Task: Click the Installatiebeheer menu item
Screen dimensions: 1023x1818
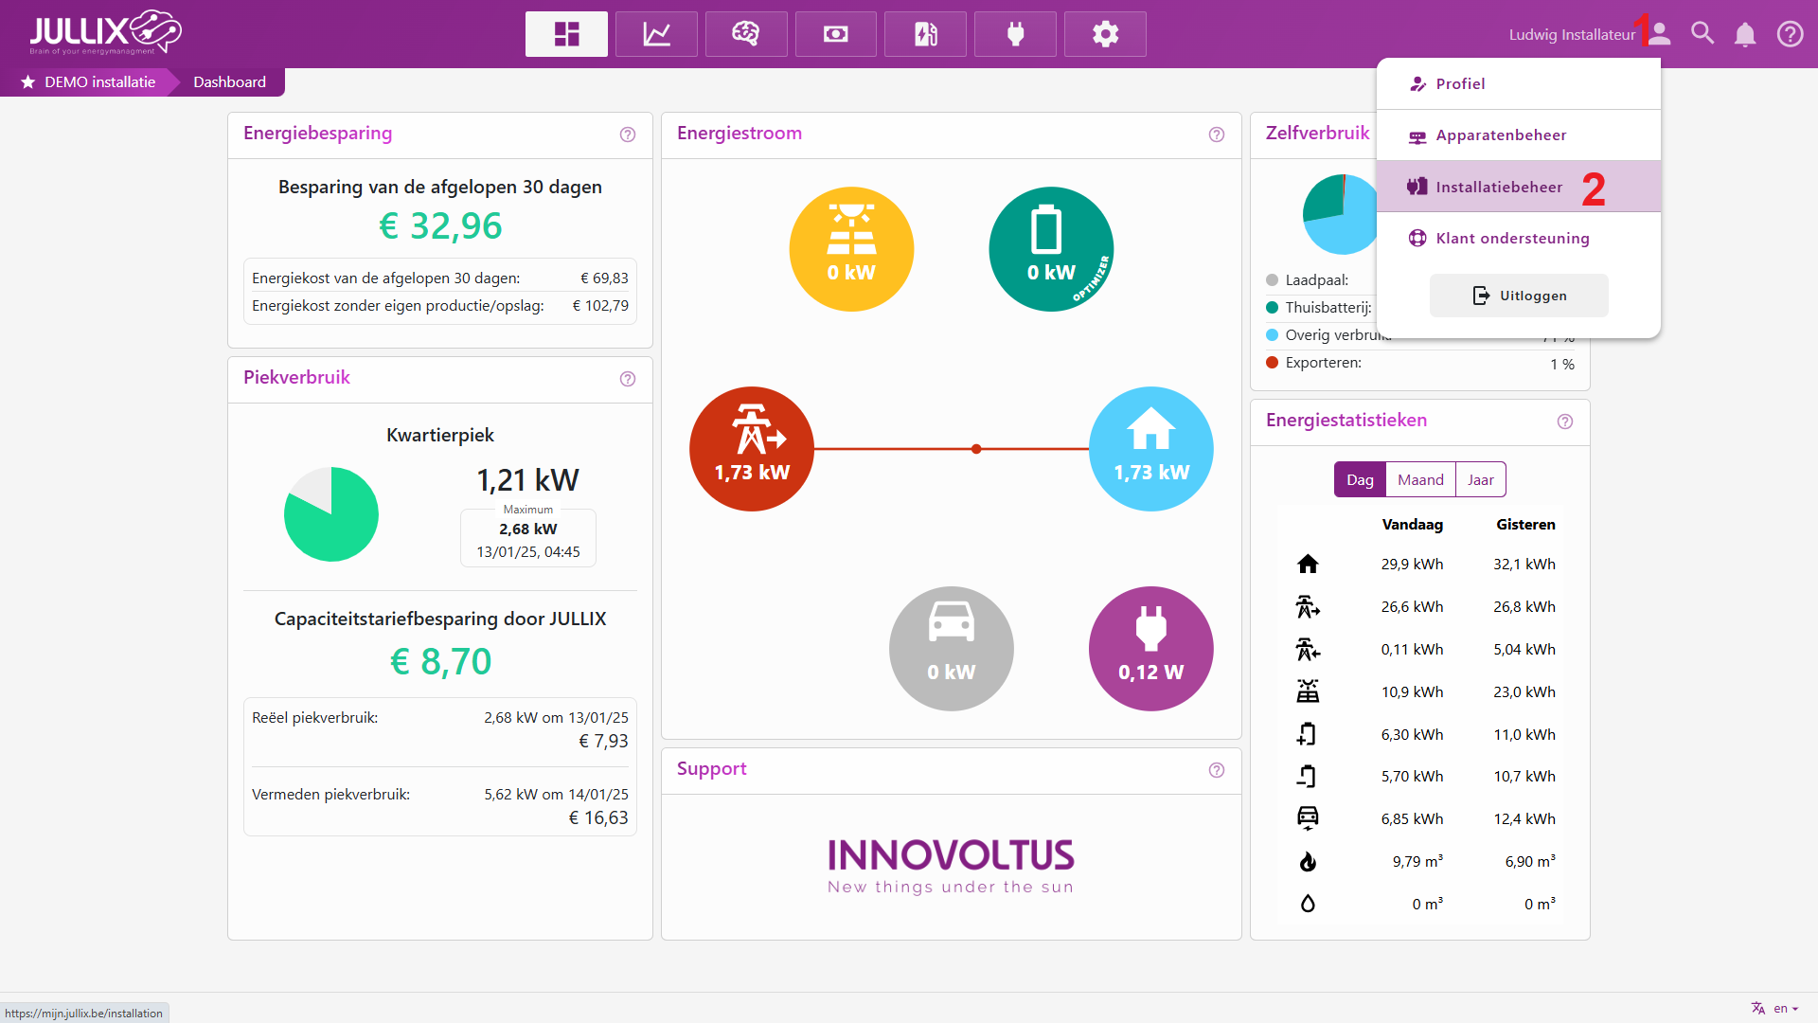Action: (x=1499, y=187)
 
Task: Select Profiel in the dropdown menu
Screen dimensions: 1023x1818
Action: (x=1460, y=84)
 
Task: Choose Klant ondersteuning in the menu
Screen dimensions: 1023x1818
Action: (x=1512, y=238)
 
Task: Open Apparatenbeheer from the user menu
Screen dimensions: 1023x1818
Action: (x=1501, y=135)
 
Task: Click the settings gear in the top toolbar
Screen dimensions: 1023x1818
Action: (x=1105, y=34)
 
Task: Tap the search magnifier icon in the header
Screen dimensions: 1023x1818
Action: (x=1702, y=34)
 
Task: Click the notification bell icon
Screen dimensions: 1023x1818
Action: (x=1745, y=35)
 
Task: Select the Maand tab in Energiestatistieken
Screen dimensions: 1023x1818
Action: (x=1420, y=479)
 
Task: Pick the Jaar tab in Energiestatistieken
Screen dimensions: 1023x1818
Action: (x=1481, y=479)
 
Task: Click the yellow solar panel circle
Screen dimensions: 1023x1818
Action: (x=851, y=248)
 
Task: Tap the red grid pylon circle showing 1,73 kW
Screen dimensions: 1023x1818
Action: (x=752, y=448)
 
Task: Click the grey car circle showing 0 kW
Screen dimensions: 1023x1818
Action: (x=951, y=649)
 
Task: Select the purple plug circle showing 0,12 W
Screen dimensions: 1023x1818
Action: (x=1150, y=649)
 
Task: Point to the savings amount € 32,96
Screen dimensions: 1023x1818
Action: (x=440, y=225)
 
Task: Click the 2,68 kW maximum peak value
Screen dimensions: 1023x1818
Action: (x=528, y=529)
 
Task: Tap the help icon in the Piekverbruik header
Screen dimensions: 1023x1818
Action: (x=628, y=379)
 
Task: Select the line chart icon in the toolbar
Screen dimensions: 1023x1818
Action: (x=656, y=34)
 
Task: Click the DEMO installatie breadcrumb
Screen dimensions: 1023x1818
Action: (x=99, y=82)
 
